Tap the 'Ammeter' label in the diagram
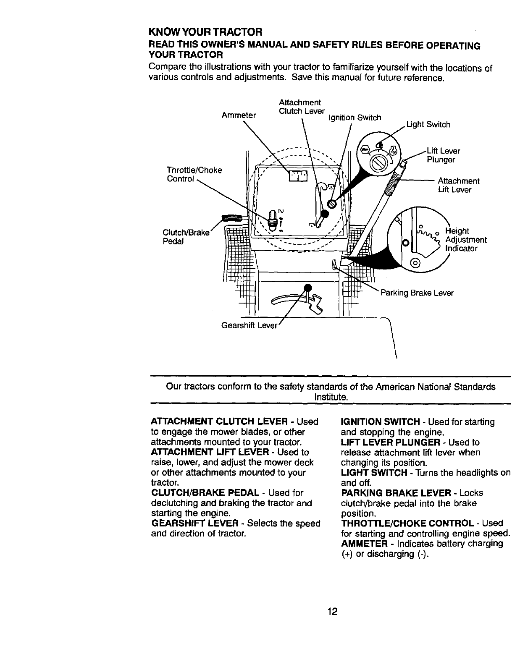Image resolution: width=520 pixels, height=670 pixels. coord(239,115)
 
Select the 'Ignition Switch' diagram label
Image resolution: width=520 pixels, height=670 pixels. coord(355,118)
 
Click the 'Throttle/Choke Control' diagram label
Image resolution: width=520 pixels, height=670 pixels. coord(194,174)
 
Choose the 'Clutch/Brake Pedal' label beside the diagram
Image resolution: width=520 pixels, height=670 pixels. coord(185,238)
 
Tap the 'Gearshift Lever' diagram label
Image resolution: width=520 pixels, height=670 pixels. coord(249,326)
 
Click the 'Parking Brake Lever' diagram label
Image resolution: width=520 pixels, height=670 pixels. coord(417,293)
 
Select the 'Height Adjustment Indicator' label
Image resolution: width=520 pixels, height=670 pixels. coord(465,240)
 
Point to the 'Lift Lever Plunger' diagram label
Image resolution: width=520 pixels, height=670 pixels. coord(443,155)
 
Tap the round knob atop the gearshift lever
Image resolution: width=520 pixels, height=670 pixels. coord(307,288)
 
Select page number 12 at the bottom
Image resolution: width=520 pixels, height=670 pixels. coord(333,611)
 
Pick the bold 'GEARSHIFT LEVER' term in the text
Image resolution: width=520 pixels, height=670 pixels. coord(197,523)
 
